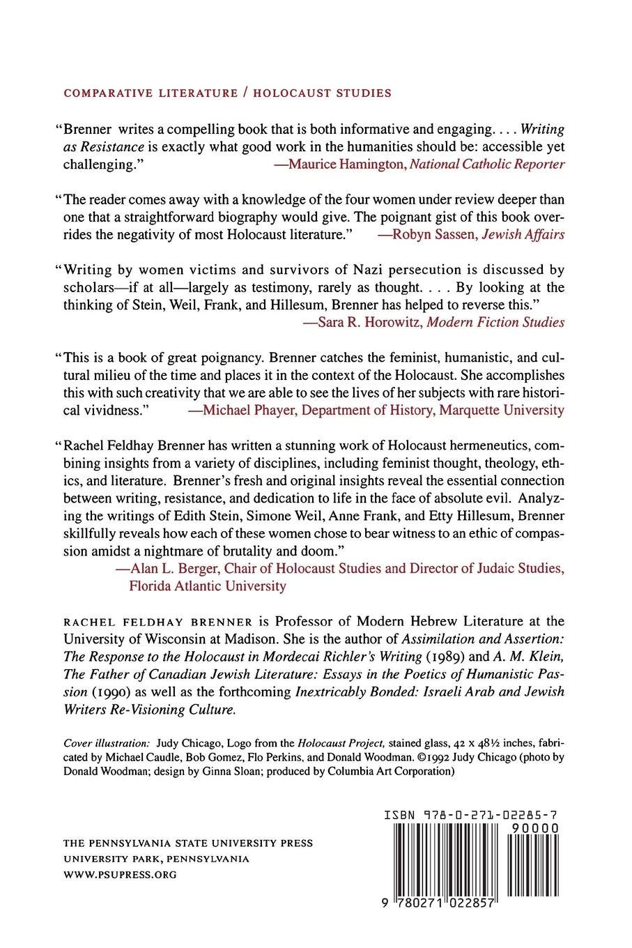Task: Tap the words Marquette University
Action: click(x=502, y=410)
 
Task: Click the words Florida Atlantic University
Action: click(x=208, y=586)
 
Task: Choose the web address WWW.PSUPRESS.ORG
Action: click(x=120, y=874)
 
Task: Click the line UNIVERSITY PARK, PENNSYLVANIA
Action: click(x=157, y=859)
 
